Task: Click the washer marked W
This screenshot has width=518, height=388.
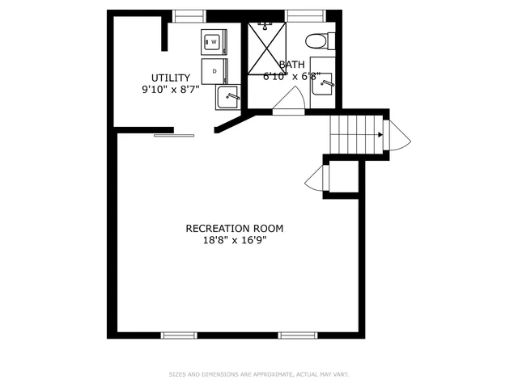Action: [x=215, y=42]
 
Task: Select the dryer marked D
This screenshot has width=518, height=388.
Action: [x=215, y=71]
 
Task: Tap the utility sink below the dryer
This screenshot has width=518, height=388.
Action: [x=227, y=97]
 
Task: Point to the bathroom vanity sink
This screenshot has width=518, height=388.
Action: [x=322, y=82]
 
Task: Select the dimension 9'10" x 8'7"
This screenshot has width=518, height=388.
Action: [x=170, y=89]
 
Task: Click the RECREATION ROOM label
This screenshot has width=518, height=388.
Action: [x=235, y=228]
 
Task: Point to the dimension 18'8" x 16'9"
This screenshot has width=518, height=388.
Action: [x=235, y=240]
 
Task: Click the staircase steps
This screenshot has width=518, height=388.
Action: [x=355, y=130]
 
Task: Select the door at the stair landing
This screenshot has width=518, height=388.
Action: [x=397, y=136]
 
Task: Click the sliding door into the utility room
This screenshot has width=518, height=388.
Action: [x=174, y=134]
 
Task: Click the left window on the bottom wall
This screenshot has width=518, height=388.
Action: [x=179, y=335]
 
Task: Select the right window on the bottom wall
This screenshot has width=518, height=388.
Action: [x=297, y=335]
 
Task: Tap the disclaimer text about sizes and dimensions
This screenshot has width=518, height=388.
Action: [x=259, y=374]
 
